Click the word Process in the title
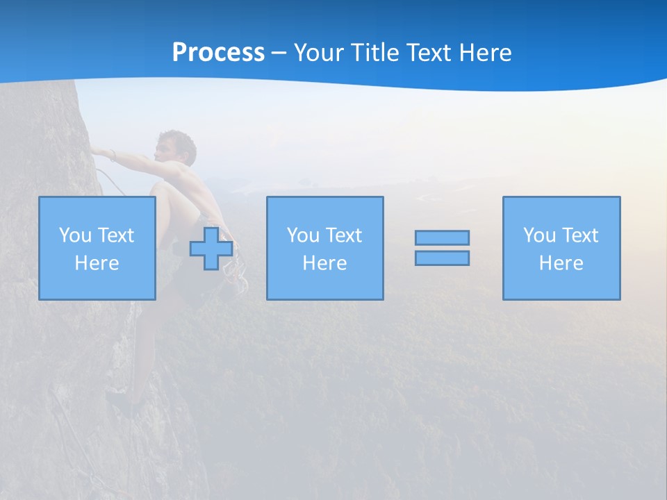tap(218, 53)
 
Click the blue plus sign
tap(211, 248)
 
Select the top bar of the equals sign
tap(442, 237)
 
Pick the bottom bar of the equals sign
tap(442, 258)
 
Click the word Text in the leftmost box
tap(116, 235)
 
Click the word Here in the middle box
tap(325, 263)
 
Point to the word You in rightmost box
tap(539, 235)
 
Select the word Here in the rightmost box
tap(561, 263)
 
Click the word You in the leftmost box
tap(75, 235)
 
